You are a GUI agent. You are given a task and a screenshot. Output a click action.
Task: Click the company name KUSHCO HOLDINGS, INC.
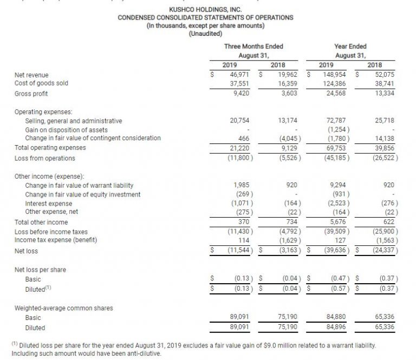click(205, 10)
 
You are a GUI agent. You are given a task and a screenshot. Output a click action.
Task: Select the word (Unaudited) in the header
click(205, 33)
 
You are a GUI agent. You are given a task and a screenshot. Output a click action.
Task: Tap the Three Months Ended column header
click(253, 47)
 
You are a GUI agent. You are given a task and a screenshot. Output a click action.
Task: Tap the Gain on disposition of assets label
click(66, 130)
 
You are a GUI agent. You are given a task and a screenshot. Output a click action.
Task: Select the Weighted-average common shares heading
click(63, 308)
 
